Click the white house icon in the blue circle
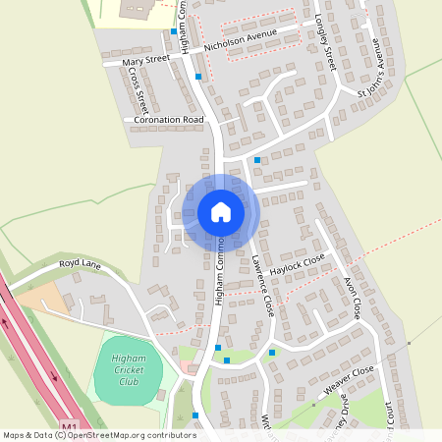[220, 212]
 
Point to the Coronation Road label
[169, 119]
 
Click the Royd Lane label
[81, 263]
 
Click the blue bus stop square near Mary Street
[174, 31]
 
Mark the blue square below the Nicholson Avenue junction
[199, 76]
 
